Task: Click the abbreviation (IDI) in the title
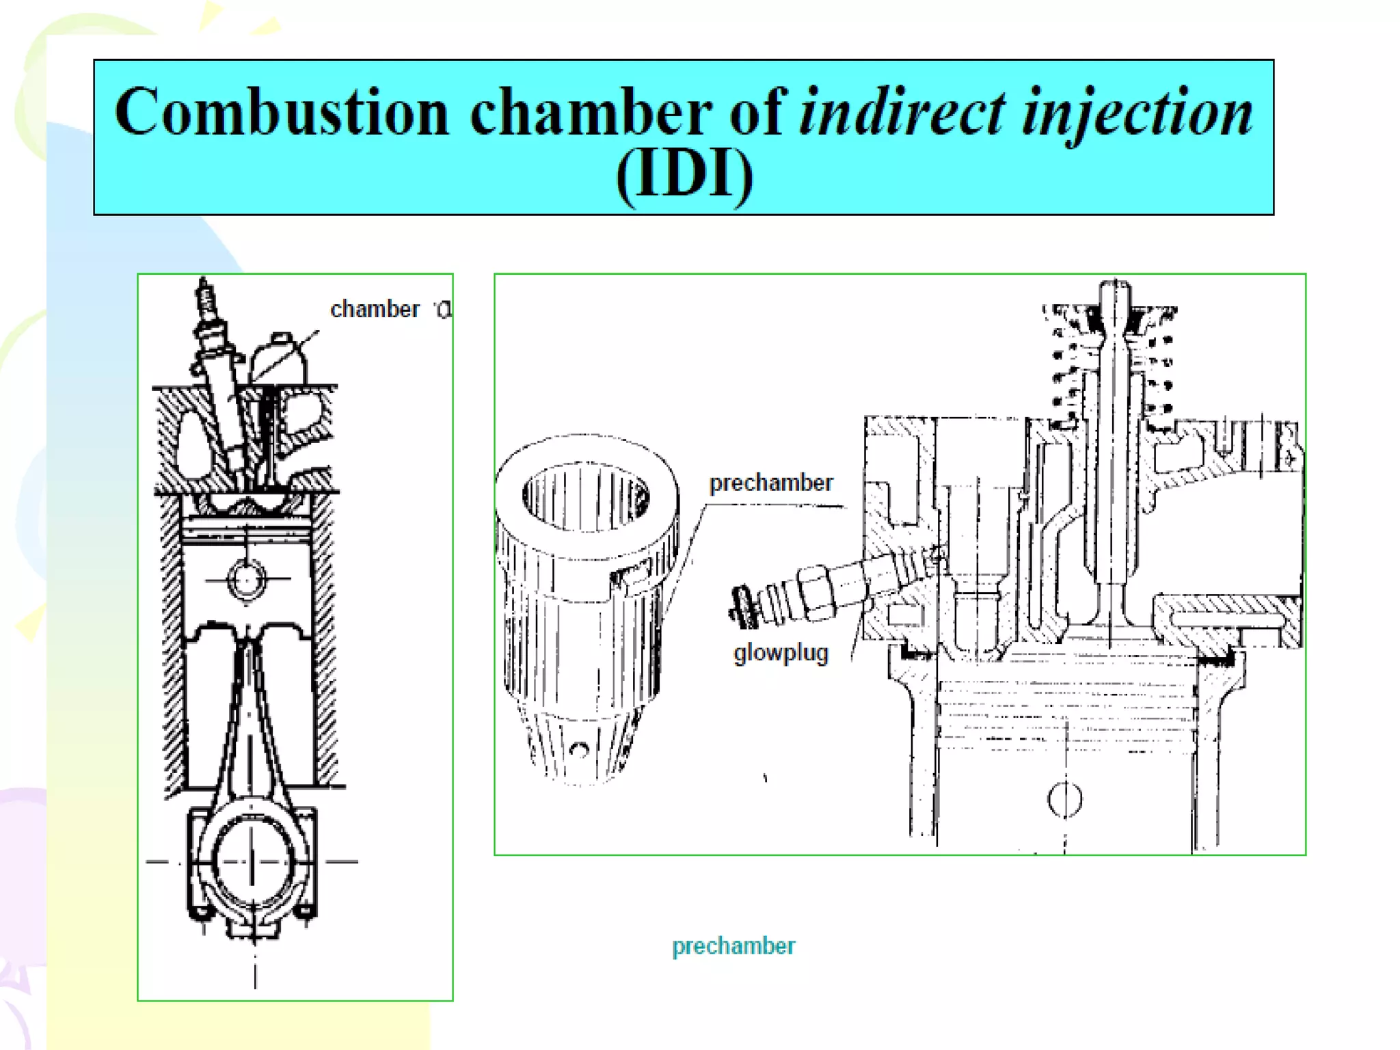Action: [x=684, y=175]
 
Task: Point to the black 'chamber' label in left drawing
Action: [x=375, y=310]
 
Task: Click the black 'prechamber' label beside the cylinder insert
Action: [x=770, y=483]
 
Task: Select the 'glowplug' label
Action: [x=781, y=653]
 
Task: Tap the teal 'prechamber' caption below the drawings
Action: [x=733, y=946]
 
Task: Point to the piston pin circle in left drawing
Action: [x=246, y=579]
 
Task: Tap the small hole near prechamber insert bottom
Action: [x=579, y=751]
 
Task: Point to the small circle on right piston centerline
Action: [x=1064, y=799]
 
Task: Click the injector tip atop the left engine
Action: [x=204, y=294]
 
